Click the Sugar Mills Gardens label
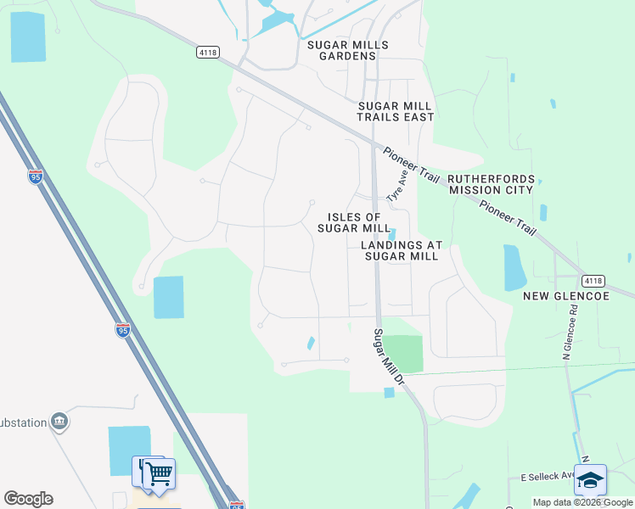click(348, 50)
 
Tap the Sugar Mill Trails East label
click(396, 111)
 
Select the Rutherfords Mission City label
click(491, 184)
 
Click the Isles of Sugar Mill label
click(354, 222)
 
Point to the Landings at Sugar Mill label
click(402, 250)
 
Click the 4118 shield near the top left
click(207, 52)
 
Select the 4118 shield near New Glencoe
click(593, 280)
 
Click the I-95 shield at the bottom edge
click(236, 504)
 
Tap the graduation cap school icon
click(590, 480)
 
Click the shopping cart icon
click(158, 473)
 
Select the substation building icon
click(59, 422)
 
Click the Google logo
click(29, 499)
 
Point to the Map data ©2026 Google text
click(582, 502)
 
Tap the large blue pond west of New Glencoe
click(514, 268)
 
